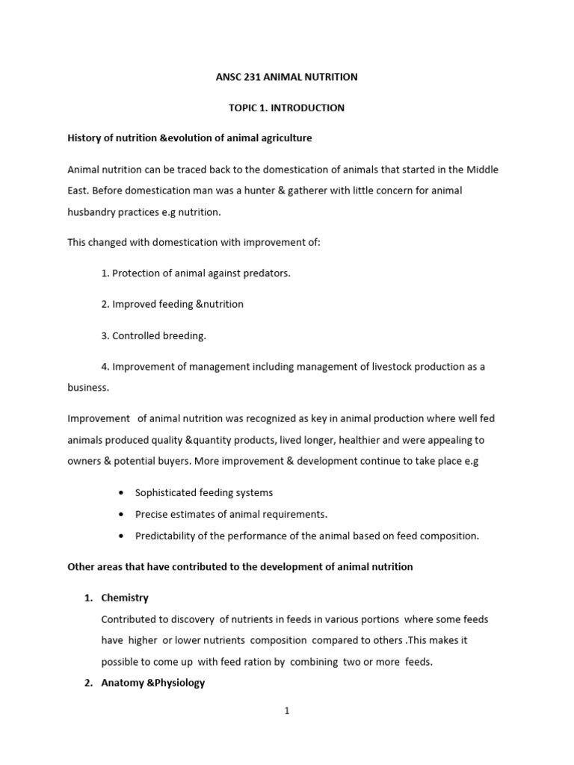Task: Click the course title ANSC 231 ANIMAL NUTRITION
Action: pyautogui.click(x=286, y=77)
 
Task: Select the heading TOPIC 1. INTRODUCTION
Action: pyautogui.click(x=286, y=108)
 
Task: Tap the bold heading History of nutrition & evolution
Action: pyautogui.click(x=189, y=138)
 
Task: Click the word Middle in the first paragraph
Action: pyautogui.click(x=483, y=170)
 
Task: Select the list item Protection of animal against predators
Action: pyautogui.click(x=196, y=273)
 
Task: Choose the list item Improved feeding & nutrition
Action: pyautogui.click(x=172, y=304)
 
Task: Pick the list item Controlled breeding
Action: pyautogui.click(x=153, y=335)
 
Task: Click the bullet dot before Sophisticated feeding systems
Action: pyautogui.click(x=121, y=493)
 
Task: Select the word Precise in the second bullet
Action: pyautogui.click(x=152, y=514)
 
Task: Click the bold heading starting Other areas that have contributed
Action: pyautogui.click(x=240, y=566)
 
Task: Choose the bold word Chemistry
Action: pyautogui.click(x=125, y=598)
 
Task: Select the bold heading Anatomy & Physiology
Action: pyautogui.click(x=153, y=683)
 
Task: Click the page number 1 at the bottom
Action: pyautogui.click(x=286, y=711)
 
